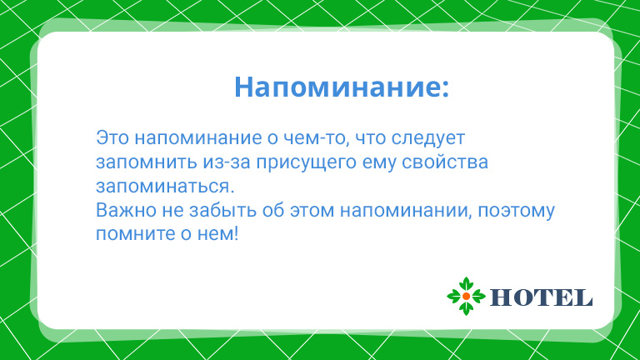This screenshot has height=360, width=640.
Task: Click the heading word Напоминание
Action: pos(337,87)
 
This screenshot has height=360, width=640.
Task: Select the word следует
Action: pos(428,139)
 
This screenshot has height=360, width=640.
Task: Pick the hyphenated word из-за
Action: pos(227,162)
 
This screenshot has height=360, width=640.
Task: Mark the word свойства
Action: pos(445,162)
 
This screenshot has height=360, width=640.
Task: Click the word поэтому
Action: pos(517,212)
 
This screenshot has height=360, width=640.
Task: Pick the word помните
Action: pos(135,235)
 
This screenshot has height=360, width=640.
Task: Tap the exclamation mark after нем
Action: pos(235,234)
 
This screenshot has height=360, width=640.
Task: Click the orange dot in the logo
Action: pos(466,297)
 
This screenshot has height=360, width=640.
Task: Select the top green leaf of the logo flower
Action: pos(466,284)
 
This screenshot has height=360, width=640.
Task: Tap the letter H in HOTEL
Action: pos(501,297)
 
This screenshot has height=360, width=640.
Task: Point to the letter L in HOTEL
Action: pos(583,297)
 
